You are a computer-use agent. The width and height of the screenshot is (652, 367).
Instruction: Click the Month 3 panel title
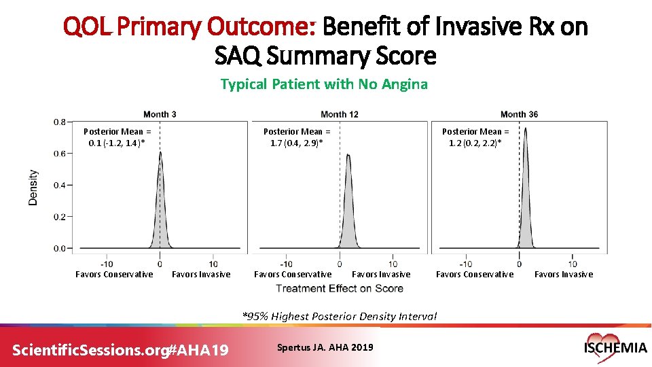(160, 114)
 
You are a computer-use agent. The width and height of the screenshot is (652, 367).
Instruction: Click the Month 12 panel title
(339, 114)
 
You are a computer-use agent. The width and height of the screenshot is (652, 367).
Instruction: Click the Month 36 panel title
(519, 114)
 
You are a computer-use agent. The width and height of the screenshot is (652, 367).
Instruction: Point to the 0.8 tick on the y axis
(60, 122)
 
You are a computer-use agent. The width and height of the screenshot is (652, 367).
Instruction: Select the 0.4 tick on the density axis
(60, 186)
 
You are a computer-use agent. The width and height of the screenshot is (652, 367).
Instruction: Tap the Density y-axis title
(33, 188)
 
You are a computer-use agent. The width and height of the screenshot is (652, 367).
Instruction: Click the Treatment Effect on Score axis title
(340, 288)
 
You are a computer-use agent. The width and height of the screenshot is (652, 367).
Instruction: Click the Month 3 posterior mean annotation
(117, 137)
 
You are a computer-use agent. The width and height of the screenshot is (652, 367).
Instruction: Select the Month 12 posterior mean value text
(297, 137)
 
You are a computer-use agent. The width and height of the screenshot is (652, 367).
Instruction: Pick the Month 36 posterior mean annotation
(475, 137)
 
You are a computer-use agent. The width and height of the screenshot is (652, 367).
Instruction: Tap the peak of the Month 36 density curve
(525, 130)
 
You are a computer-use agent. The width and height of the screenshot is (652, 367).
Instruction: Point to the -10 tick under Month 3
(107, 264)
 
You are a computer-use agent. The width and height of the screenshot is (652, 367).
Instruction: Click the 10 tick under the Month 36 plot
(573, 264)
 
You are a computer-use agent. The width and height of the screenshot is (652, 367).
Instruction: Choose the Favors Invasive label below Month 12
(381, 275)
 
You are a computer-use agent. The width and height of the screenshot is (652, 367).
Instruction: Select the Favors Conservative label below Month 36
(475, 275)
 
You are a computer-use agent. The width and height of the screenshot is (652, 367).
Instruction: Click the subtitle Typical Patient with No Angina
(324, 84)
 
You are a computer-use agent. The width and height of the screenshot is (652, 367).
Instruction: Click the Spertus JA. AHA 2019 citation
(325, 347)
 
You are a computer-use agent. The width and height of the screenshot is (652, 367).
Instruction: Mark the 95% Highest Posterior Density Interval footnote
(340, 316)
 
